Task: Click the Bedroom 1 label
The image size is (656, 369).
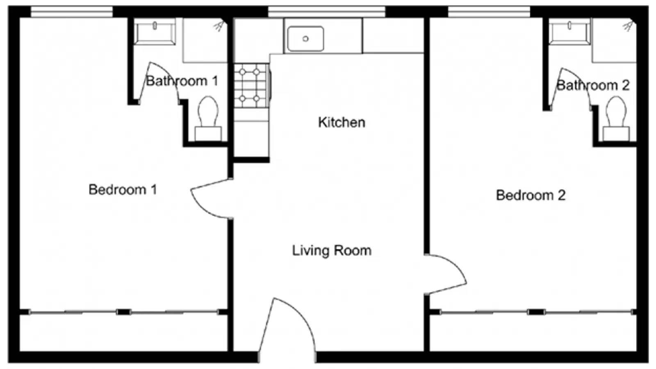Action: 123,189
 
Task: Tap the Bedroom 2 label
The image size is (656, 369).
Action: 531,195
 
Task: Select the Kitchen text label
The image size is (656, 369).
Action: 342,122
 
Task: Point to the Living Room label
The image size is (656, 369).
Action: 332,251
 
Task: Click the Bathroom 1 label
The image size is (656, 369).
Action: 182,81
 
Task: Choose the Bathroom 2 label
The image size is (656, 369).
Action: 592,85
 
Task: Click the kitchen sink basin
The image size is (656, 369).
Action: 305,39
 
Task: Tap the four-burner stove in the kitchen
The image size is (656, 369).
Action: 250,85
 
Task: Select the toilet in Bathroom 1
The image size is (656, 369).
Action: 208,117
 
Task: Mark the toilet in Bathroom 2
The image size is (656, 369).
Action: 616,117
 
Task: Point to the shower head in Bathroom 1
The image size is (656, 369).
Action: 219,26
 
